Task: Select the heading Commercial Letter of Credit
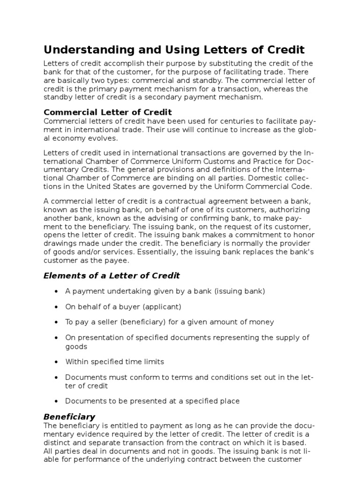[x=108, y=112]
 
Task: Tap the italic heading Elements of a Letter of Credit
[x=112, y=276]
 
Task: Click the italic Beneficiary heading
[x=69, y=416]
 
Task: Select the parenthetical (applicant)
[x=160, y=307]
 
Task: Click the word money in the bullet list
[x=263, y=322]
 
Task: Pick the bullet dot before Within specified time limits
[x=56, y=362]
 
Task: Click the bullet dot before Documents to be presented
[x=56, y=401]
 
